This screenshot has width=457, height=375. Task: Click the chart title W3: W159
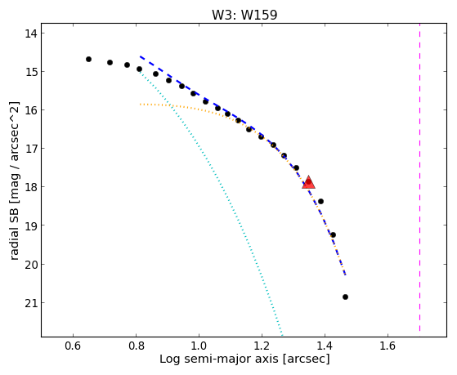(x=244, y=15)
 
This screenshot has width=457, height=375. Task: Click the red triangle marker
(x=308, y=183)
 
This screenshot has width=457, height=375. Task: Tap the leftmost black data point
(x=88, y=59)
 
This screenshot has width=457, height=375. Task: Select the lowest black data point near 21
(x=345, y=297)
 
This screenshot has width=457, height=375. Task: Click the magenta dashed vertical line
(x=419, y=177)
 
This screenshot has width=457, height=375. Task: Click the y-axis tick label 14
(x=30, y=33)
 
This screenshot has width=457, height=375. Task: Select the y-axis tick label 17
(x=30, y=149)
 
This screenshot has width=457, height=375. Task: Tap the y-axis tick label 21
(x=30, y=303)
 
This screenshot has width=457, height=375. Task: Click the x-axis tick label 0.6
(x=73, y=346)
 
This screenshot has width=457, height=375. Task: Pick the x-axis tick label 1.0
(x=199, y=346)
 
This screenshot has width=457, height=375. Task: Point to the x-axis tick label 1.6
(x=388, y=346)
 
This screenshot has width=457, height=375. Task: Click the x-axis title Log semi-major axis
(x=219, y=359)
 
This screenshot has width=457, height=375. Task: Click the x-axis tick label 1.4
(x=325, y=346)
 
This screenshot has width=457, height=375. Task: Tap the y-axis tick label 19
(x=30, y=225)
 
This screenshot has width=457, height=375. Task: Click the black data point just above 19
(x=333, y=234)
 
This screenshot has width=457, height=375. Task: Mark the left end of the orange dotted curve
(x=140, y=104)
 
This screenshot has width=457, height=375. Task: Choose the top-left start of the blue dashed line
(x=141, y=56)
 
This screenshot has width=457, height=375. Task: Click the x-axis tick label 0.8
(x=136, y=346)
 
